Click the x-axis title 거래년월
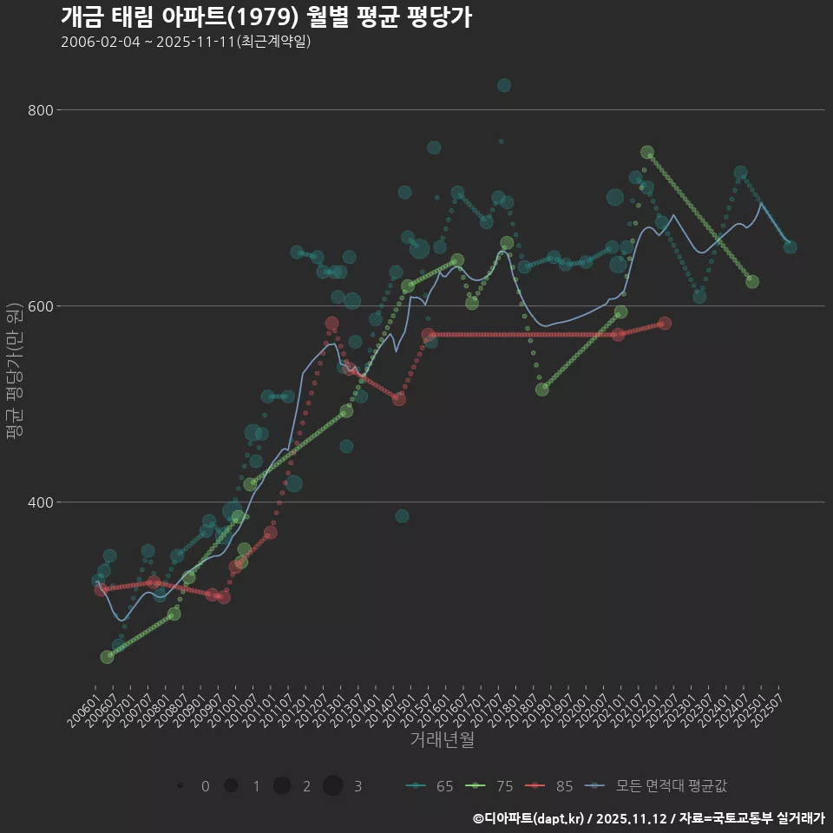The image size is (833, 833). [x=443, y=740]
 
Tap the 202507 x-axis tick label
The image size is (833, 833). [x=771, y=703]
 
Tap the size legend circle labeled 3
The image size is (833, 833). [x=333, y=786]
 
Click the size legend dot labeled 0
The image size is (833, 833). [x=180, y=786]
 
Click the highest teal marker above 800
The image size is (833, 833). [x=504, y=85]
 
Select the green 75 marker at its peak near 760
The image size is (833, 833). [x=647, y=153]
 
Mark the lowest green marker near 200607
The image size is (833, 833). [x=107, y=657]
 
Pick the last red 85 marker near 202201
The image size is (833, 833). [x=665, y=324]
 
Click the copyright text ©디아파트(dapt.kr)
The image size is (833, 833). [x=529, y=818]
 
